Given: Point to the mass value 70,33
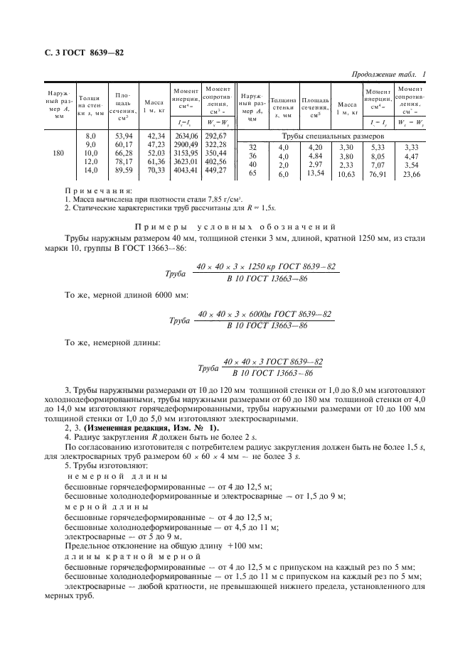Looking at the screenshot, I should [x=154, y=170].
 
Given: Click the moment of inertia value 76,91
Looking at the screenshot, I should [x=377, y=173].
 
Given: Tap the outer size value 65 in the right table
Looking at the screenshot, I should [x=252, y=173].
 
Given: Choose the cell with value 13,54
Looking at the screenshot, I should [x=314, y=173].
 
